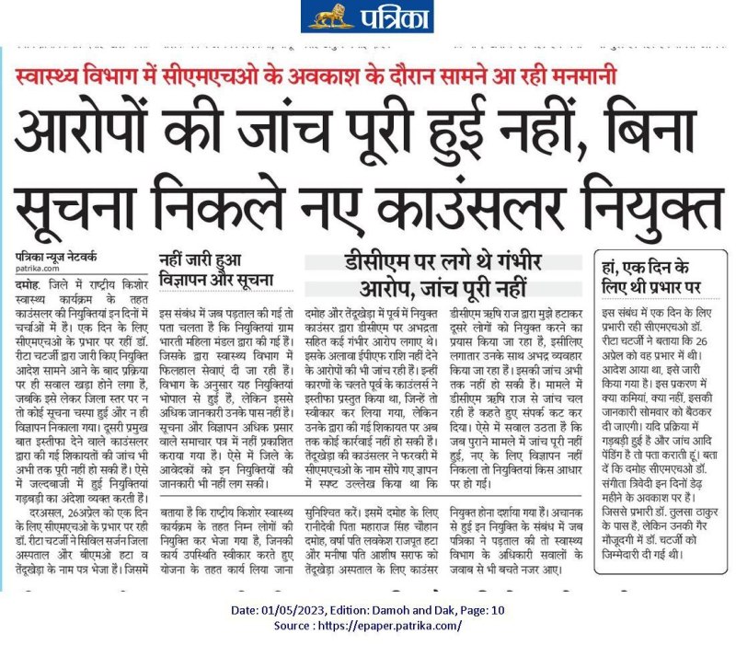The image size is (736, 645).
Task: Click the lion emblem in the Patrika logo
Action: click(326, 16)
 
